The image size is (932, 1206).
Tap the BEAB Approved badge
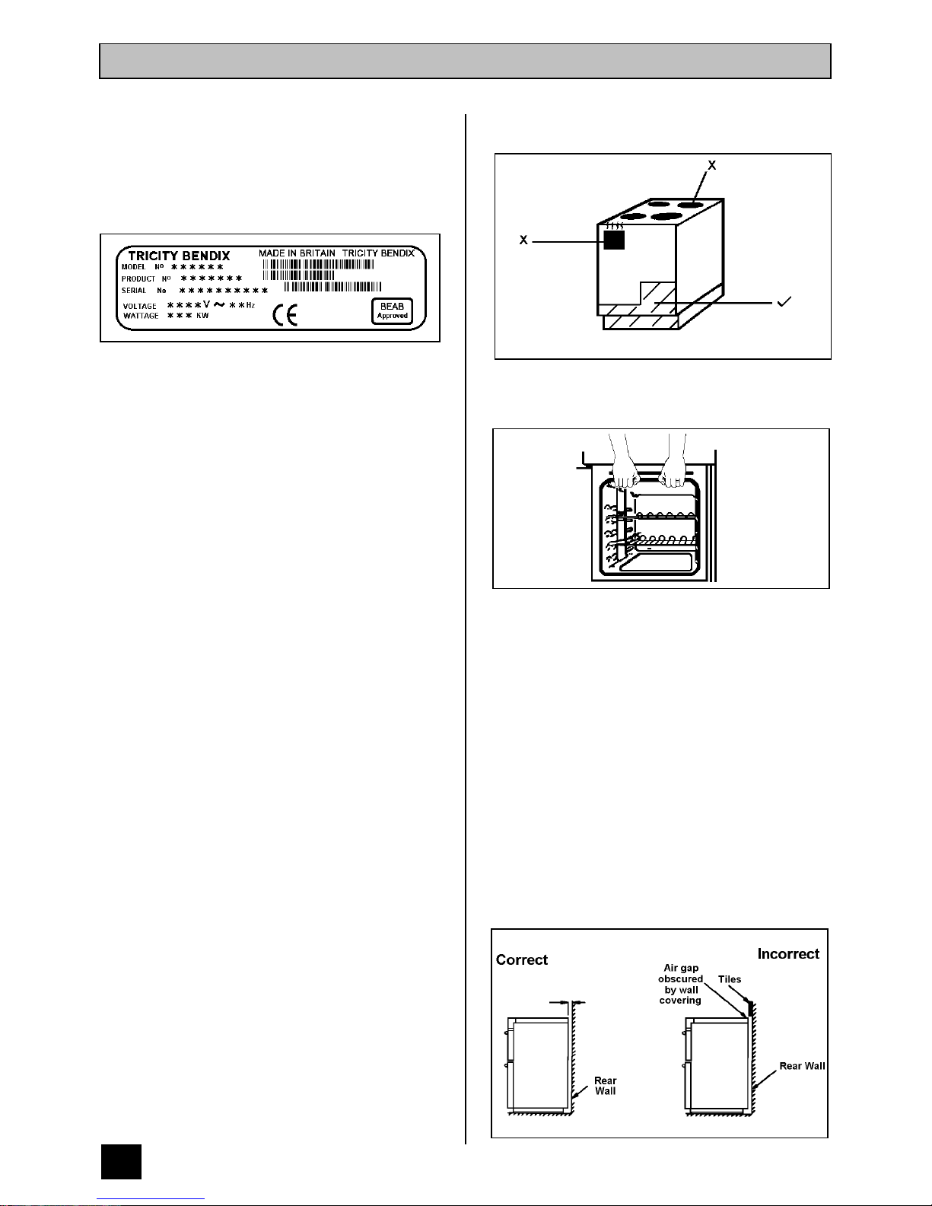(393, 310)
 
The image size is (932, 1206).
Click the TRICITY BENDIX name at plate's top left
(179, 256)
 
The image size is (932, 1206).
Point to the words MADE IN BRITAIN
(297, 253)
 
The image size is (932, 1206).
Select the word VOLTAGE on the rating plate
(140, 306)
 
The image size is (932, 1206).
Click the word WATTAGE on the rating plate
(141, 316)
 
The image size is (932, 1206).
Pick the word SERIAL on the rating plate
(134, 291)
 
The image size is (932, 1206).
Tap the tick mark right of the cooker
(784, 303)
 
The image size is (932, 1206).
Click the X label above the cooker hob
(712, 164)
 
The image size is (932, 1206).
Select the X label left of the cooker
(523, 240)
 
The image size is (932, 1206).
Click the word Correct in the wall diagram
(522, 959)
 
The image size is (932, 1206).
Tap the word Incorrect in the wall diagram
(788, 953)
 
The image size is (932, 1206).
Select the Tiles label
(729, 979)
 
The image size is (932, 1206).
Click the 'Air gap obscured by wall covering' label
(680, 985)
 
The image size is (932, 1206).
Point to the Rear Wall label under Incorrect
(802, 1066)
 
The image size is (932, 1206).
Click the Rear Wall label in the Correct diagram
(606, 1086)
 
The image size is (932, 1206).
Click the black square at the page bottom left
(121, 1160)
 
